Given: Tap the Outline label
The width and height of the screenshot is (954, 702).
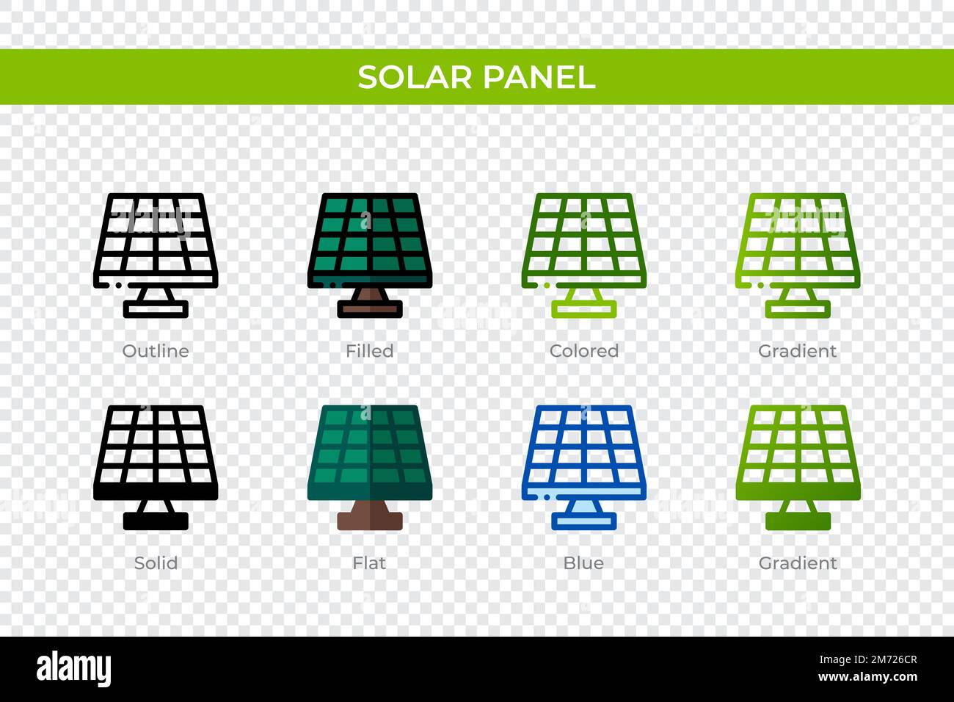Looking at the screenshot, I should coord(156,351).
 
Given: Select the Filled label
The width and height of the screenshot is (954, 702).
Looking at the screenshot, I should coord(369,351).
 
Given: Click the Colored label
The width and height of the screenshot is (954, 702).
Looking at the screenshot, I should coord(583,351).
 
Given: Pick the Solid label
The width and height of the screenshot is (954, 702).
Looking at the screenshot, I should coord(156,563).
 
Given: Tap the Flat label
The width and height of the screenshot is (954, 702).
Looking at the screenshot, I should coord(369,563).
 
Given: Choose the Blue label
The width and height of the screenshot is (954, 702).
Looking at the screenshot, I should coord(583,563).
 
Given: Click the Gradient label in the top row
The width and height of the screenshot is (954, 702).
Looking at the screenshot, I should coord(798,351).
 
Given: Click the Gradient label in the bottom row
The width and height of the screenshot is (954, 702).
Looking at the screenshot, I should coord(798,563).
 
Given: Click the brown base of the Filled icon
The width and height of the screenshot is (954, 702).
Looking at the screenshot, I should coord(370,309).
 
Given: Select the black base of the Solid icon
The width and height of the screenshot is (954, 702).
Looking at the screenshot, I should coord(156,521).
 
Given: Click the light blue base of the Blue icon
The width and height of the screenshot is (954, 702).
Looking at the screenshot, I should coord(584,521).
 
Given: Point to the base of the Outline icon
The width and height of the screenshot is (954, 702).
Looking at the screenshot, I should coord(156,309).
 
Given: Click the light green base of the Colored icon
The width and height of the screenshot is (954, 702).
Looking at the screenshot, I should coord(584,309).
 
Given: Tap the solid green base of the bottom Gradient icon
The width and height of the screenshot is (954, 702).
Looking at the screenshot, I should coord(798,521).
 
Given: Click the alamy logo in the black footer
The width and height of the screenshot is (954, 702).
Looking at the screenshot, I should coord(74,669).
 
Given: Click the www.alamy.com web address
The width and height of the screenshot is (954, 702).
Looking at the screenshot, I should coord(867,677).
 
